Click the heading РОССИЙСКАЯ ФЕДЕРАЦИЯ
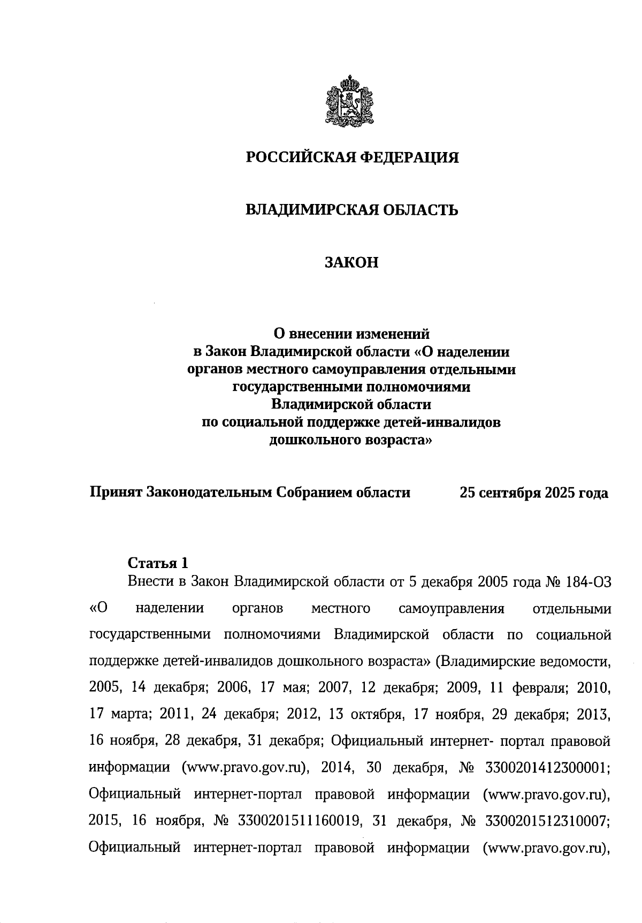click(x=351, y=157)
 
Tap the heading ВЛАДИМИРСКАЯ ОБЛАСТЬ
click(x=351, y=210)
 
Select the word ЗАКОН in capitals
click(x=351, y=262)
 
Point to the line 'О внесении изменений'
click(x=351, y=334)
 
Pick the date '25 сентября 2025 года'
click(x=533, y=493)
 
